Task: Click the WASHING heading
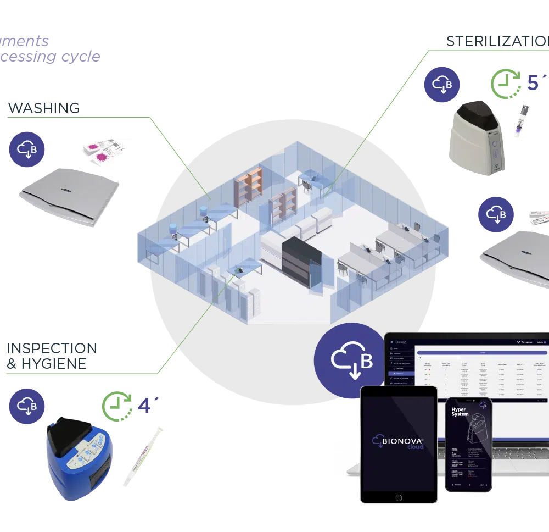coord(41,108)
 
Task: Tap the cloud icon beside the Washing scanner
coord(27,147)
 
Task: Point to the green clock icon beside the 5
coord(506,84)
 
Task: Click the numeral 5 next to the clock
coord(533,82)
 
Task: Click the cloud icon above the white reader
coord(441,85)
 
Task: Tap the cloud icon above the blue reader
coord(27,406)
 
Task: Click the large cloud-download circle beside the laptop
coord(350,361)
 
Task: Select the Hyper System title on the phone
coord(460,411)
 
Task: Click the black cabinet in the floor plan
coord(300,259)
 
